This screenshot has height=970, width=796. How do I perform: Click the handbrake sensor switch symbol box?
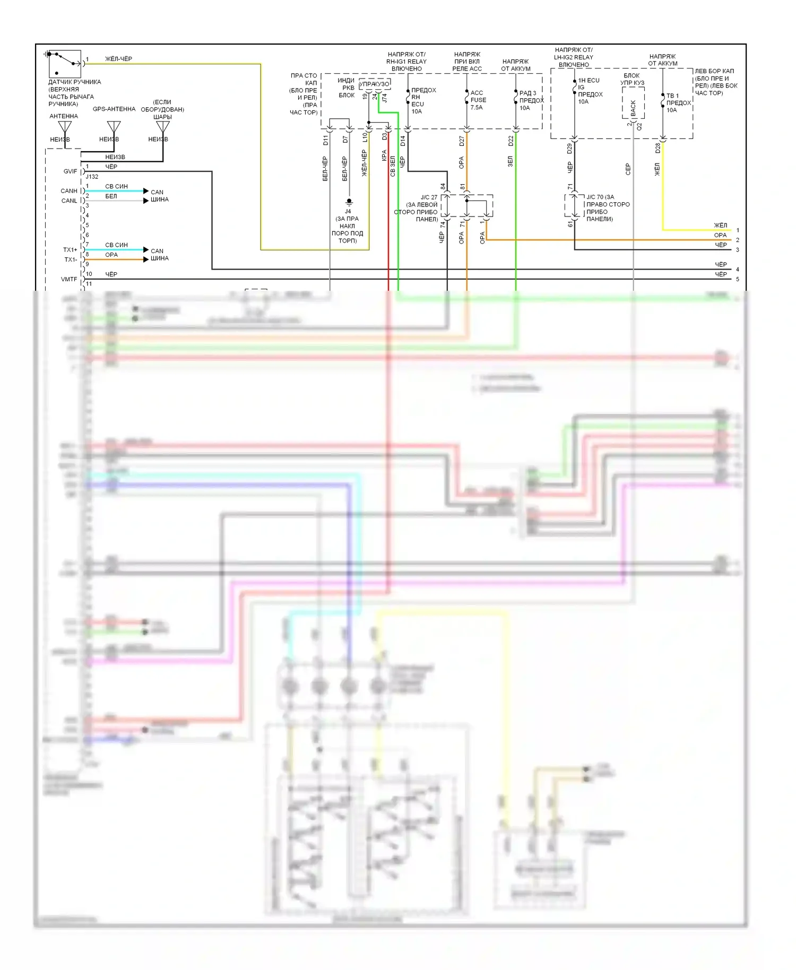coord(65,64)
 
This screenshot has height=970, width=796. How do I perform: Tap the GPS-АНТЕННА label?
coord(114,109)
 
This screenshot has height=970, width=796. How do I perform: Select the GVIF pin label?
coord(70,171)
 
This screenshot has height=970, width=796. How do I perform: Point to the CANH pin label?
coord(69,190)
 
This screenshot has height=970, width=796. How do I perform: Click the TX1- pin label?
coord(71,259)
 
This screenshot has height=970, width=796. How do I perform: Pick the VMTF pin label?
coord(69,279)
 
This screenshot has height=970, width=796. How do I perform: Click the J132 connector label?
coord(92,177)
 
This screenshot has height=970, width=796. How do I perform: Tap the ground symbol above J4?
coord(349,202)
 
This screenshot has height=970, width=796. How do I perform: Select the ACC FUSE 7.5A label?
coord(478,100)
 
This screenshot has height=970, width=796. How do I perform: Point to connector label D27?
coord(462,141)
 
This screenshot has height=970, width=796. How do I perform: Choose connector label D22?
coord(511,141)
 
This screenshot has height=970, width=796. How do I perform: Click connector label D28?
coord(657,149)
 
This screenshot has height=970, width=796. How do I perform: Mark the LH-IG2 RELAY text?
coord(574,57)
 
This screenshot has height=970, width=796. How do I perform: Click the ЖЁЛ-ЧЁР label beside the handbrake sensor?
coord(118,59)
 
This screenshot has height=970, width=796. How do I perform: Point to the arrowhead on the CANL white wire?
coord(146,201)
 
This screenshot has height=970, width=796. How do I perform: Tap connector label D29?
coord(569,149)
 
